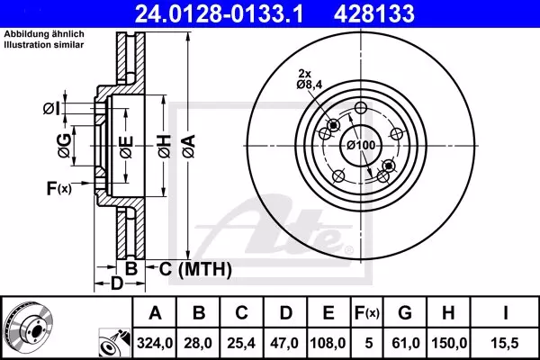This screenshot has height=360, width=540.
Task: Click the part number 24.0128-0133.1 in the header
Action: click(219, 13)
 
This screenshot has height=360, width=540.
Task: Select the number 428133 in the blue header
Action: click(374, 13)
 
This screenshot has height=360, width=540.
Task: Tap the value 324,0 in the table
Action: click(155, 343)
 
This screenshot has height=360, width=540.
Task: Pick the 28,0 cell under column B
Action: click(198, 343)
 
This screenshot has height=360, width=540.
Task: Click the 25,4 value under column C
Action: click(241, 343)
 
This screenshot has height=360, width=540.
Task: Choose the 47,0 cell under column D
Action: click(284, 343)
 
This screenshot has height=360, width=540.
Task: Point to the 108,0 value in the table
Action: click(328, 343)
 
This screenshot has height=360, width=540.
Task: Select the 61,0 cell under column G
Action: click(405, 343)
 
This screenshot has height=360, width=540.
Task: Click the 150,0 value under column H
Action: click(449, 343)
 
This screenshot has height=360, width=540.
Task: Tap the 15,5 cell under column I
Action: click(505, 343)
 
